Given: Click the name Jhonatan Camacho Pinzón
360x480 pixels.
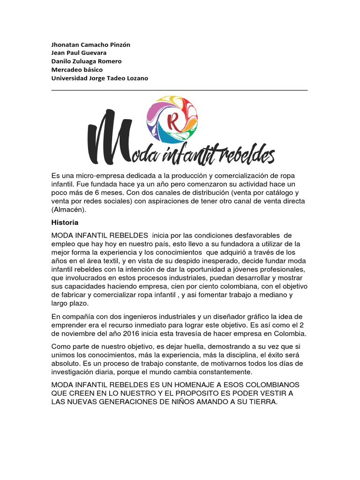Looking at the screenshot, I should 90,45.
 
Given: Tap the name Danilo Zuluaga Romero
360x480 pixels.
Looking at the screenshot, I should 86,61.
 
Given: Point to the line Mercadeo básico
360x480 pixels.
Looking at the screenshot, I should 77,70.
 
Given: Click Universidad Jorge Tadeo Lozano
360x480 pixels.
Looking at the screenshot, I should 99,78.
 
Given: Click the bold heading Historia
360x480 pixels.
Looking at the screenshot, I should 65,222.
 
